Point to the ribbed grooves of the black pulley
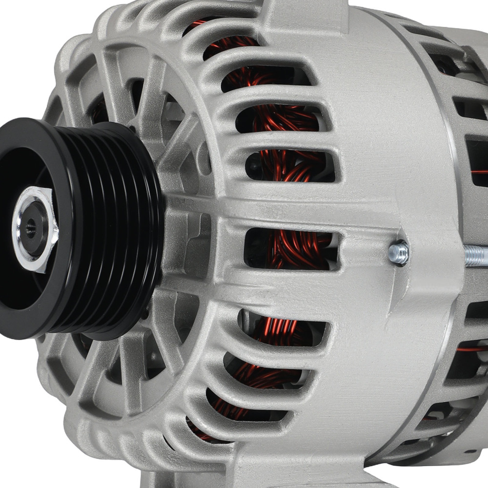point(122,229)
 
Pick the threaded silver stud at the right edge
point(476,255)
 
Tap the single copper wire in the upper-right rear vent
point(478,172)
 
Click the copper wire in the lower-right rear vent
point(471,349)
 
